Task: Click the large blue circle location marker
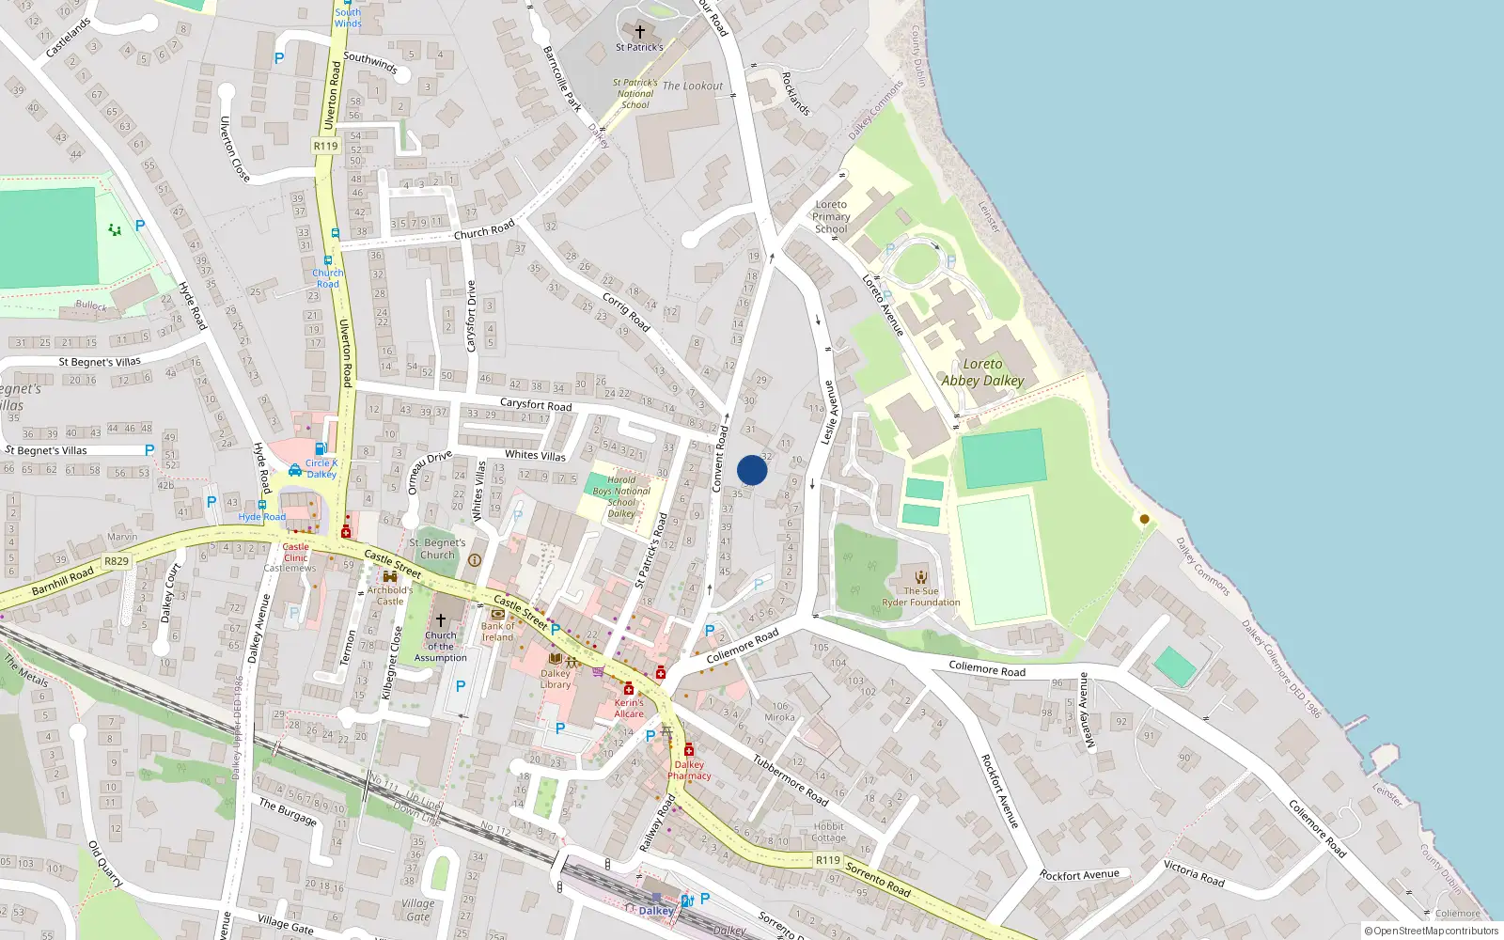pos(752,470)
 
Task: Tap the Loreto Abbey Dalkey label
pos(982,372)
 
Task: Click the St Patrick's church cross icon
pos(640,32)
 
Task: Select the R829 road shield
pos(117,561)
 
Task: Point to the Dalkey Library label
pos(556,679)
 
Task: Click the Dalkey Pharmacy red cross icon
pos(689,750)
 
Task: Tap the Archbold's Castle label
pos(390,596)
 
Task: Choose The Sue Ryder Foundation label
pos(921,597)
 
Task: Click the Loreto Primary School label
pos(831,216)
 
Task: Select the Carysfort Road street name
pos(536,404)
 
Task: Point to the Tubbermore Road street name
pos(791,780)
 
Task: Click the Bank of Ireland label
pos(498,631)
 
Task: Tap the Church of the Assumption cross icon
pos(440,619)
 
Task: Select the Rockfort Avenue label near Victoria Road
pos(1079,875)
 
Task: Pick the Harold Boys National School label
pos(621,496)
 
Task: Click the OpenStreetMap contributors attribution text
pos(1432,932)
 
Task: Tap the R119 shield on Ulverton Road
pos(325,146)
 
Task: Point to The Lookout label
pos(693,86)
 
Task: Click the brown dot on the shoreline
pos(1144,519)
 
